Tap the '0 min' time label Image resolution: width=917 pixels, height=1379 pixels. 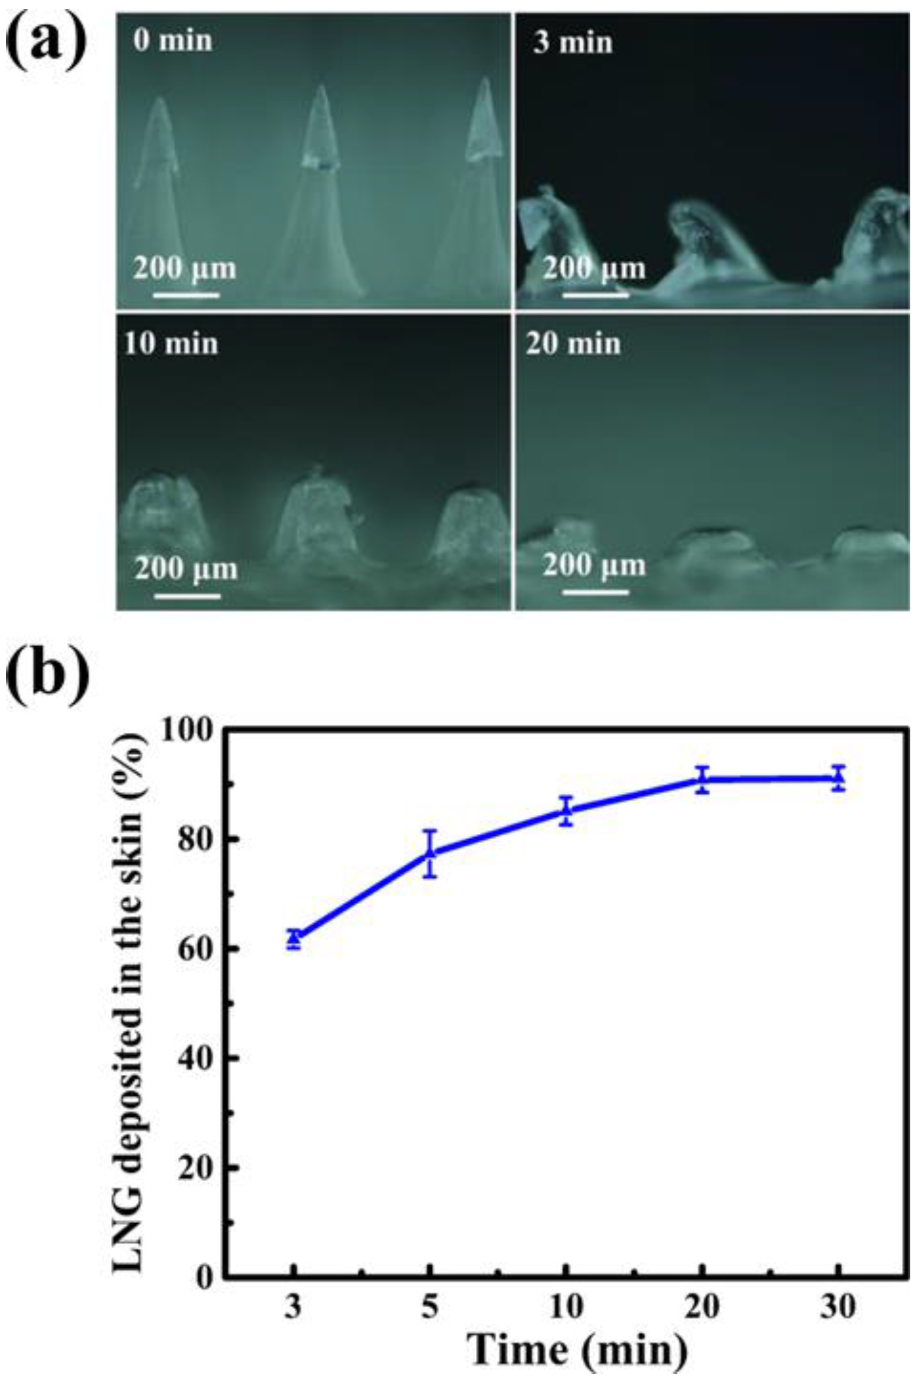pos(172,41)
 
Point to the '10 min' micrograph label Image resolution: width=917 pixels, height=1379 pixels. pos(171,343)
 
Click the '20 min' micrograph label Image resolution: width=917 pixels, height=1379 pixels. pos(573,343)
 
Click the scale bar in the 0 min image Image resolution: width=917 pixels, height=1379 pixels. pos(186,295)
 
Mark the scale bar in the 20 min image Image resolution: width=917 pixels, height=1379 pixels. pos(596,592)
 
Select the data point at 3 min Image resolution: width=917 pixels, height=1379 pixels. pos(294,939)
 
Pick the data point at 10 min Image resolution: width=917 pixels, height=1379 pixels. pos(565,810)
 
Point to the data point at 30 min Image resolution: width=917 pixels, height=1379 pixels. pos(838,778)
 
